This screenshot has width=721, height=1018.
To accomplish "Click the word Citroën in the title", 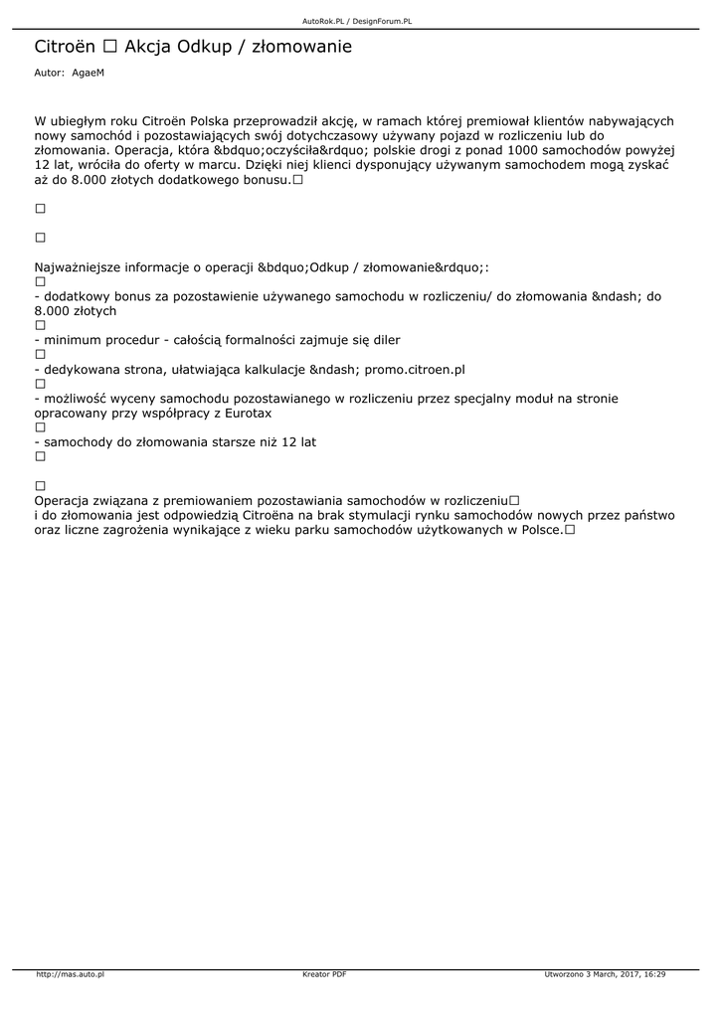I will (65, 47).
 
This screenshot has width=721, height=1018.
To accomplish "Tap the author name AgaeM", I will (88, 73).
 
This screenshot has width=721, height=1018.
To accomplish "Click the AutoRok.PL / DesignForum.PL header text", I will (356, 20).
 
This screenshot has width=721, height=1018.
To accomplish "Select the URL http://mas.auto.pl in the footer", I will (70, 974).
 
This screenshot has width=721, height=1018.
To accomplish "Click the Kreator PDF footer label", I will (324, 974).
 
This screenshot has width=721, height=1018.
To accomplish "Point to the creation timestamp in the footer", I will (605, 974).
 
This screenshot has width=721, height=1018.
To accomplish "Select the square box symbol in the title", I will (109, 47).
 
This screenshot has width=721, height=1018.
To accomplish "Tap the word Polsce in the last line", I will (538, 530).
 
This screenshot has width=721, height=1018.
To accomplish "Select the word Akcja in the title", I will (148, 47).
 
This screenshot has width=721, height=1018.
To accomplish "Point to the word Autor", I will (49, 73).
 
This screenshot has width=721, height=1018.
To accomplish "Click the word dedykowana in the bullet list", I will (84, 369).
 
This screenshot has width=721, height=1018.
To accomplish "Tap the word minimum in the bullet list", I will (72, 340).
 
